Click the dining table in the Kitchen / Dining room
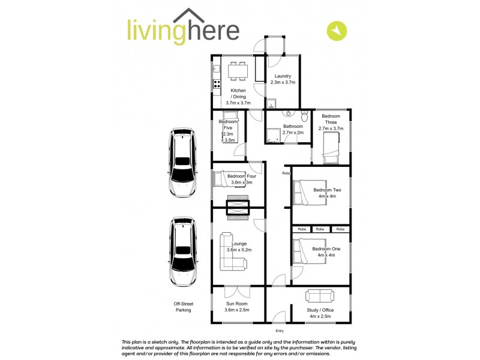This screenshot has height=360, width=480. pos(237,71)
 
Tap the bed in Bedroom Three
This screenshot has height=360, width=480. pos(331,148)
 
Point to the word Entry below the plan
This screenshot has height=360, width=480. pos(279,331)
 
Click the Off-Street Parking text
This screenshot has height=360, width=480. pos(183,307)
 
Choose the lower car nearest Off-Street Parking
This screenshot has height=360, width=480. pos(182,252)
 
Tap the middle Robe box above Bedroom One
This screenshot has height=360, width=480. pos(320,229)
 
